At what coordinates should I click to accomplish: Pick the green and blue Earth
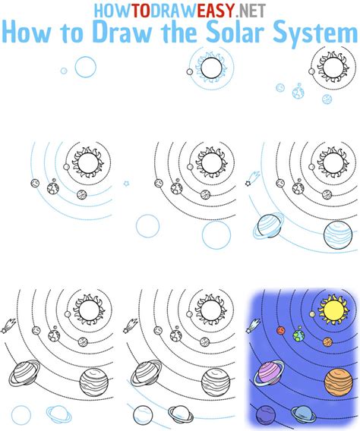(298, 333)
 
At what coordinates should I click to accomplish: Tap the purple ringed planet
(270, 372)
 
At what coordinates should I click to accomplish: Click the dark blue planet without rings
(264, 414)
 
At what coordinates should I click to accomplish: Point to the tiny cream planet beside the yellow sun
(310, 313)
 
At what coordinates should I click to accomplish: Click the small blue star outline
(127, 184)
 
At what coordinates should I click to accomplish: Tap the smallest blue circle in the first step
(64, 71)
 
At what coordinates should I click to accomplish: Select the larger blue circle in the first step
(86, 67)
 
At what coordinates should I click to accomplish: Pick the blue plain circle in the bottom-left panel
(21, 414)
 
